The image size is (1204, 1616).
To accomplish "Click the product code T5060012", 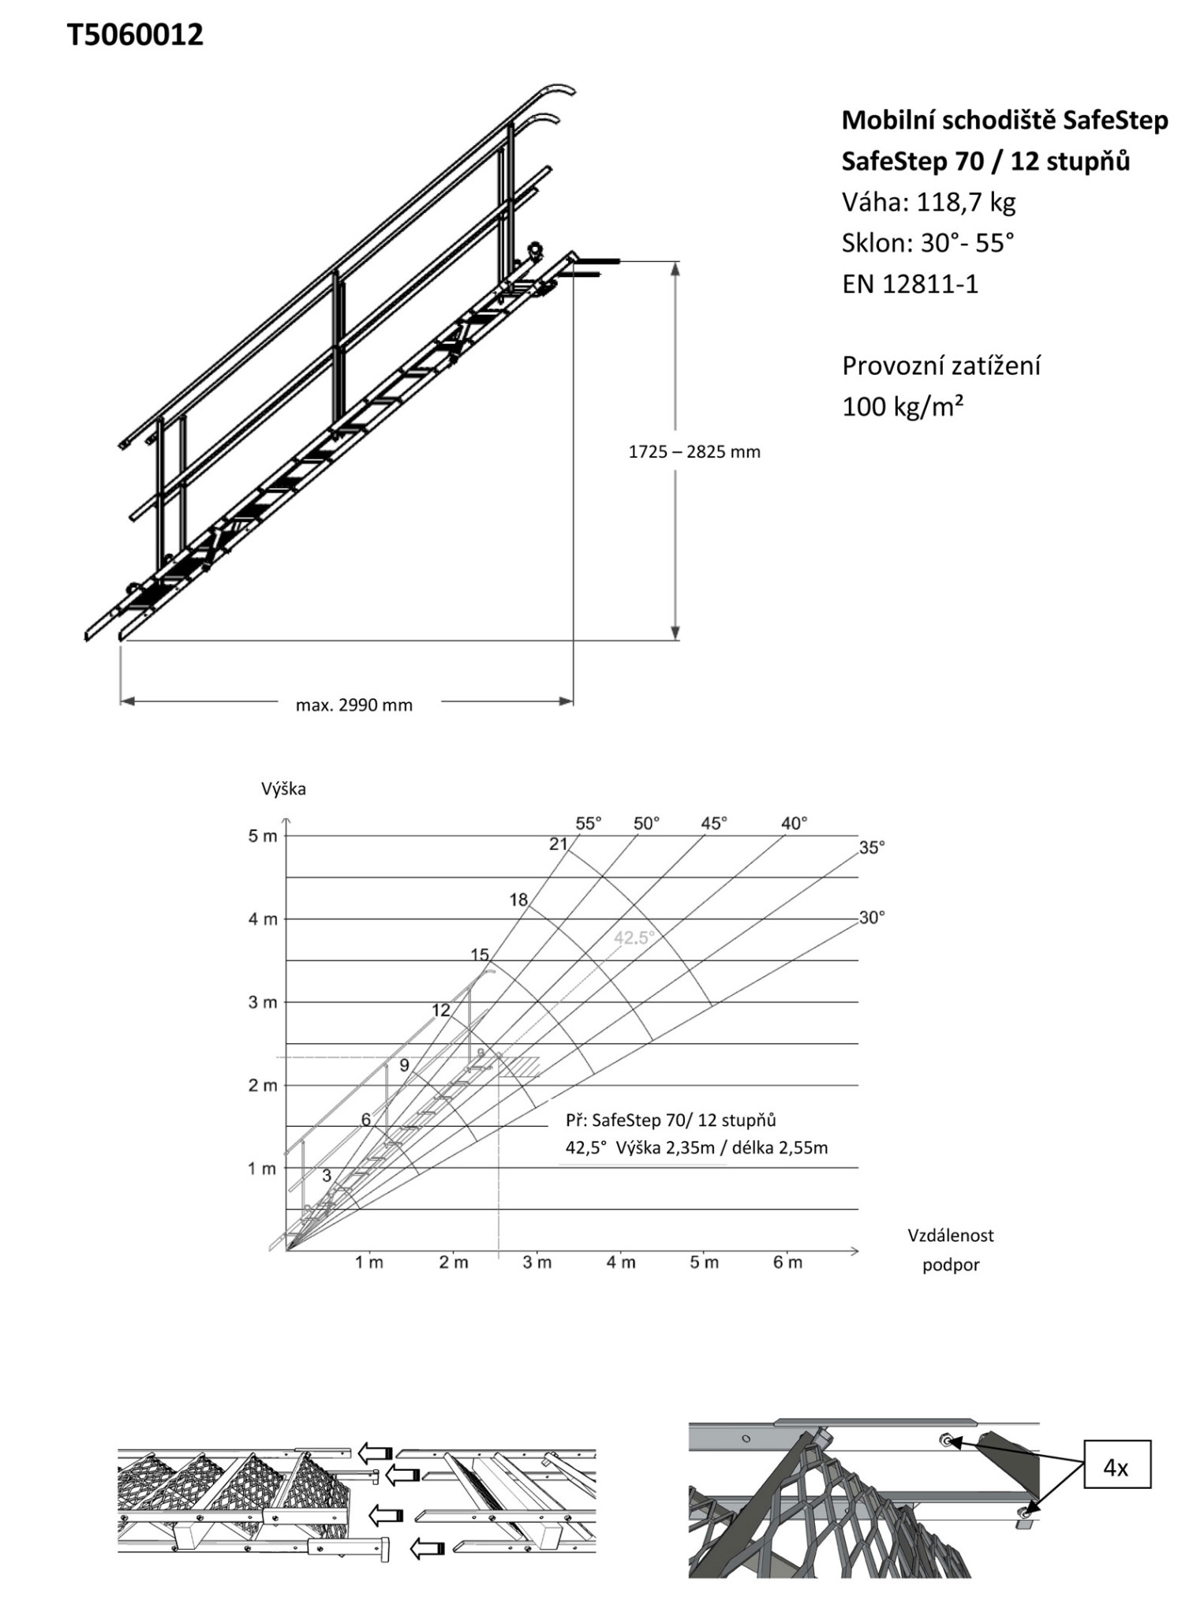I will (135, 35).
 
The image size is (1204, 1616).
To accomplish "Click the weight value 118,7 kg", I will (966, 203).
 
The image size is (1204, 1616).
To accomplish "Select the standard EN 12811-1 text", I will (910, 284).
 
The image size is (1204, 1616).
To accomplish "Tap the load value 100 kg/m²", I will (903, 407).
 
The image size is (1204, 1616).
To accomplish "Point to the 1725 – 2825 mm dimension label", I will (694, 452).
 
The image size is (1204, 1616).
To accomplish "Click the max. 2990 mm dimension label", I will (354, 705).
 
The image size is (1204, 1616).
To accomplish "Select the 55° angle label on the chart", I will (588, 824).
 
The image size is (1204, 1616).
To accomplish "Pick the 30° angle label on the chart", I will (871, 918).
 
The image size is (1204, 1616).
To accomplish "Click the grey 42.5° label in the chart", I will (634, 937).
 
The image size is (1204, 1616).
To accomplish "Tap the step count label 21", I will (559, 844).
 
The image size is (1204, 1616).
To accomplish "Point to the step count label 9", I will (404, 1065).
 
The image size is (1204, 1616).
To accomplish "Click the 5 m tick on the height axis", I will (264, 836).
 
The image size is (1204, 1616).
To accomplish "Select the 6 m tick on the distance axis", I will (787, 1263).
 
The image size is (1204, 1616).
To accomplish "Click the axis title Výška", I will (283, 789).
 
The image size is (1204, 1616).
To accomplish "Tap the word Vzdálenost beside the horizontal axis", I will (950, 1236).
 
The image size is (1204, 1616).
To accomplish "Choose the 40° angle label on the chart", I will (794, 824).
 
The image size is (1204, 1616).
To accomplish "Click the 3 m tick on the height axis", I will (264, 1003).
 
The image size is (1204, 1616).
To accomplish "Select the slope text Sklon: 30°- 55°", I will (927, 243).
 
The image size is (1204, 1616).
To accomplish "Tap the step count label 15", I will (480, 955).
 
